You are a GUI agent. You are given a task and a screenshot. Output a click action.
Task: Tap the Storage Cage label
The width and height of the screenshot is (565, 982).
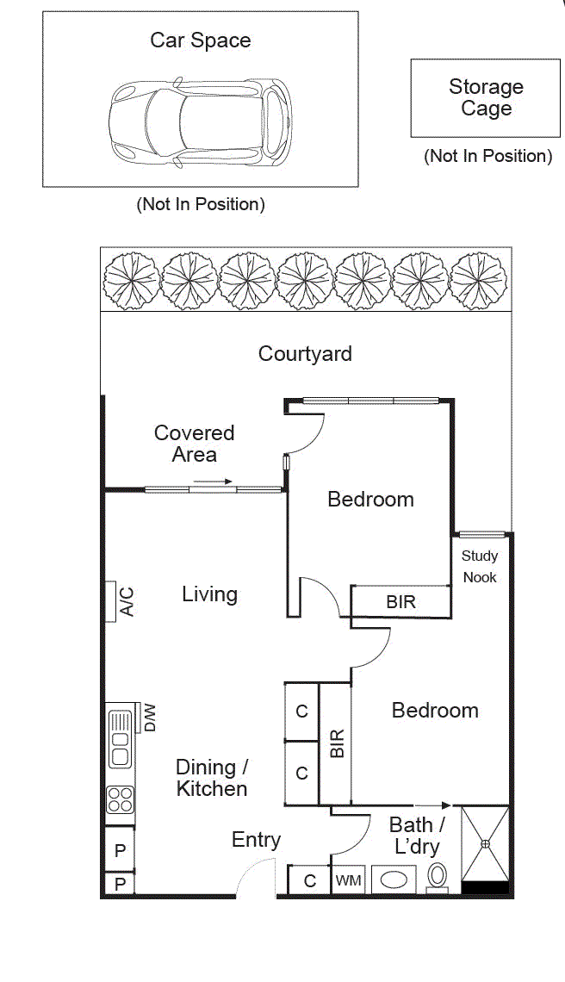(486, 97)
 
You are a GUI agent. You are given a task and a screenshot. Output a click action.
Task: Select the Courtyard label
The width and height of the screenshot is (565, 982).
(305, 353)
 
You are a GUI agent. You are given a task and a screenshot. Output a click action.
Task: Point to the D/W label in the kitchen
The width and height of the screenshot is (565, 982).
(150, 718)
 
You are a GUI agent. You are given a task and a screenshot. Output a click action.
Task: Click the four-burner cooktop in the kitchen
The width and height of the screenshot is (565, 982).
(120, 800)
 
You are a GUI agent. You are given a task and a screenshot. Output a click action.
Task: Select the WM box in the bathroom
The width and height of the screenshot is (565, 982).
(348, 880)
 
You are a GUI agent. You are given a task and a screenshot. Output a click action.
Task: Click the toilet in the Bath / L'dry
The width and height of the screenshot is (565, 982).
(438, 878)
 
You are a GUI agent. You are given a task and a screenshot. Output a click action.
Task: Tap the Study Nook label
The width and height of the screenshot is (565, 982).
(480, 567)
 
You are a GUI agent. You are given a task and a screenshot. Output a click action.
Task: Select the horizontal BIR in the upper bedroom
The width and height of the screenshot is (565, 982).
(400, 602)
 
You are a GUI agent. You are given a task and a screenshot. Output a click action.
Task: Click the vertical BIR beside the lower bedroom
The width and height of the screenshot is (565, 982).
(335, 743)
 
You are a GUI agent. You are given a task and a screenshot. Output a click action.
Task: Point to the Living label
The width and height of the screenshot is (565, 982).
(209, 594)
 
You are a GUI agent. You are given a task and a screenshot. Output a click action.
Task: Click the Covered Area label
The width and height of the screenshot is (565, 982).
(194, 444)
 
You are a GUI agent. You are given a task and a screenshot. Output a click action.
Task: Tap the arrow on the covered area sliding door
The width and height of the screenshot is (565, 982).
(214, 482)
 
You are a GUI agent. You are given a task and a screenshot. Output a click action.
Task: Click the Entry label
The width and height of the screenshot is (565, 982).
(256, 840)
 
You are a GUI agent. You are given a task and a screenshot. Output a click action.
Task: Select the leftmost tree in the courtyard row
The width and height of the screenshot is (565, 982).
(129, 281)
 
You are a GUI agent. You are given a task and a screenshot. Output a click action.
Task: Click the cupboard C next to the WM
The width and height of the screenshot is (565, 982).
(308, 880)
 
